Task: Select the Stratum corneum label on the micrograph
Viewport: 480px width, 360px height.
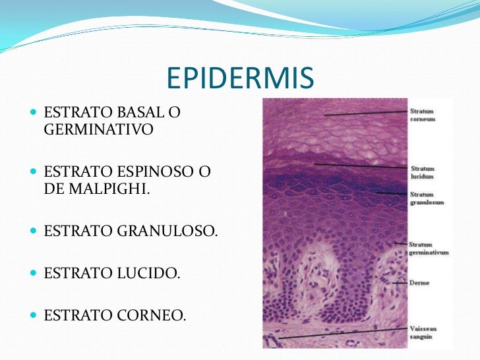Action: click(x=423, y=115)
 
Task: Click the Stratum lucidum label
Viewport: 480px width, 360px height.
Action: click(x=423, y=173)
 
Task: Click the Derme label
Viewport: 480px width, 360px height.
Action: click(x=419, y=283)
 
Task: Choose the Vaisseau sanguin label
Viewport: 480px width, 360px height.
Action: click(x=423, y=332)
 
